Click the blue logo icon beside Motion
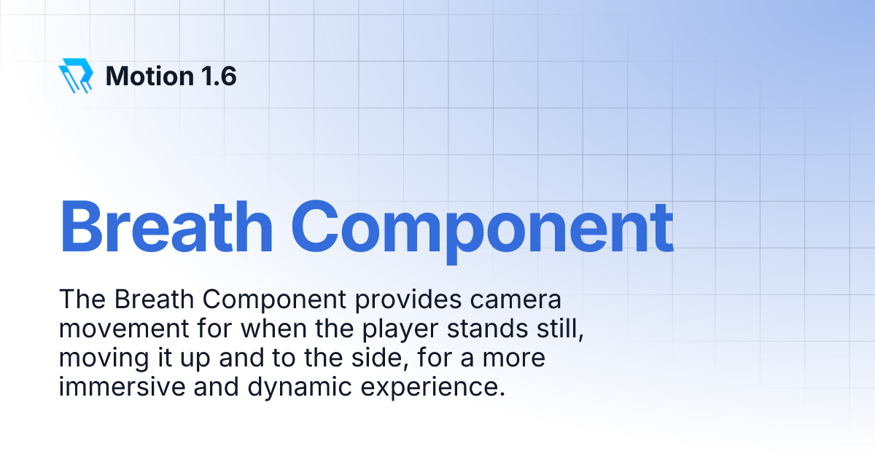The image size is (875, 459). tap(76, 75)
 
